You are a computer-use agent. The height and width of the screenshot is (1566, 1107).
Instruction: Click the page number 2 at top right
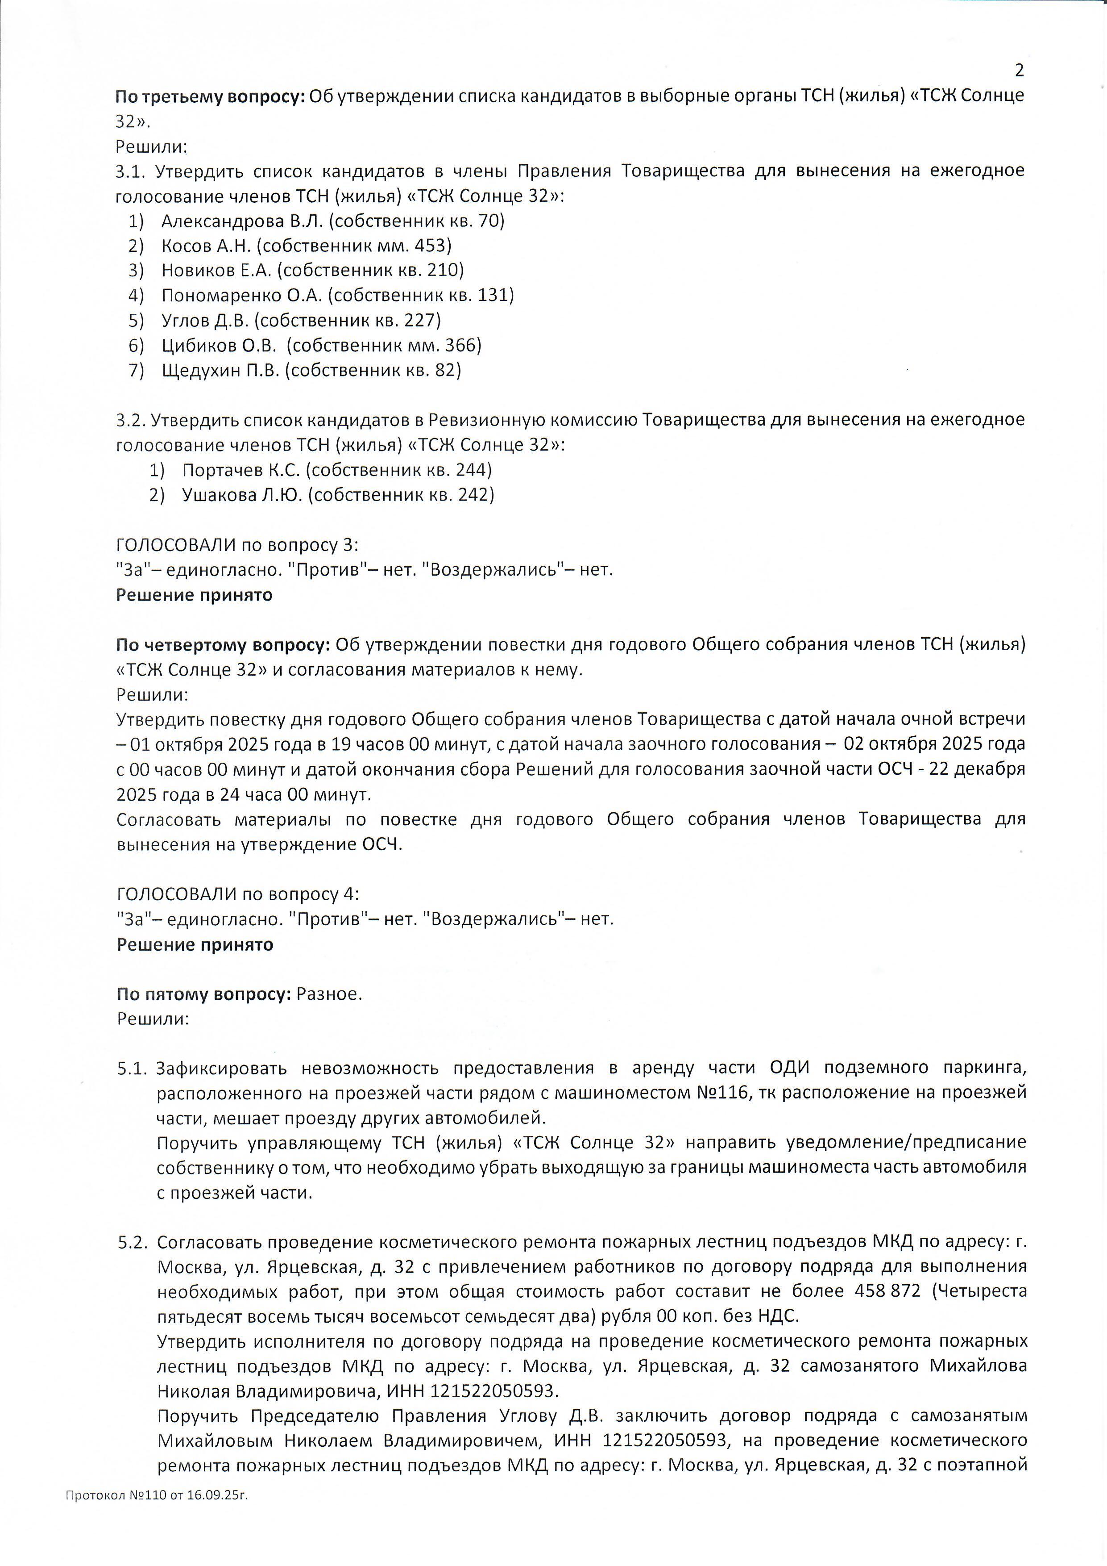(x=1019, y=70)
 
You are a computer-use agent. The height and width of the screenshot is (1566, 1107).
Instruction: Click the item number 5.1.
(x=132, y=1069)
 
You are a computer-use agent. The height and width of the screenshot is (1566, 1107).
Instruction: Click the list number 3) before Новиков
(x=137, y=271)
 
